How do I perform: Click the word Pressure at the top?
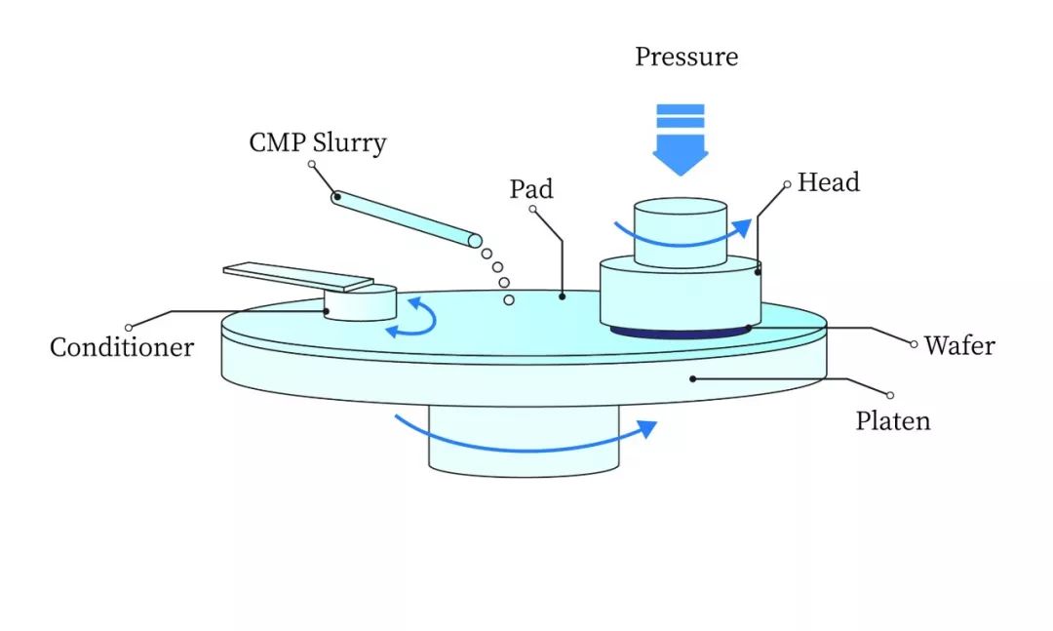pos(686,58)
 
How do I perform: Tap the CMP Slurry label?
pos(318,142)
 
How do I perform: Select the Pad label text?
pos(531,189)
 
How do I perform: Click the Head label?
pos(828,182)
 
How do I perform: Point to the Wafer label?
pos(959,345)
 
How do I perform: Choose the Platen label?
pos(892,420)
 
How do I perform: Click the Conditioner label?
pos(122,347)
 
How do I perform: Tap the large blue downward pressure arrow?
pos(681,139)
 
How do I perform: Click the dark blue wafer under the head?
pos(680,332)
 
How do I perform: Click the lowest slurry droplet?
pos(509,300)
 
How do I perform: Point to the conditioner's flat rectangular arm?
pos(298,276)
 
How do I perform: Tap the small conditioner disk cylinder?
pos(360,302)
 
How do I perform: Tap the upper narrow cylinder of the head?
pos(681,232)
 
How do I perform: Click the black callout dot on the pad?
pos(563,296)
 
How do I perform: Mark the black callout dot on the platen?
pos(693,379)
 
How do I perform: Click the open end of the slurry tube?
pos(475,241)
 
